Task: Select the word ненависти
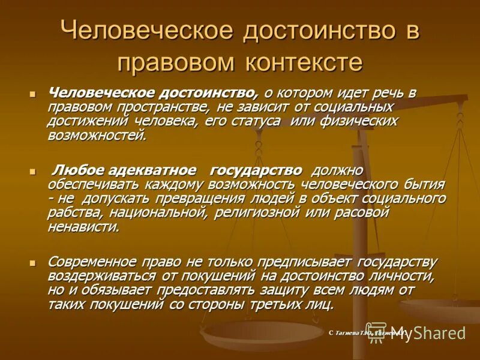(84, 226)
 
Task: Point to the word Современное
(92, 262)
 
